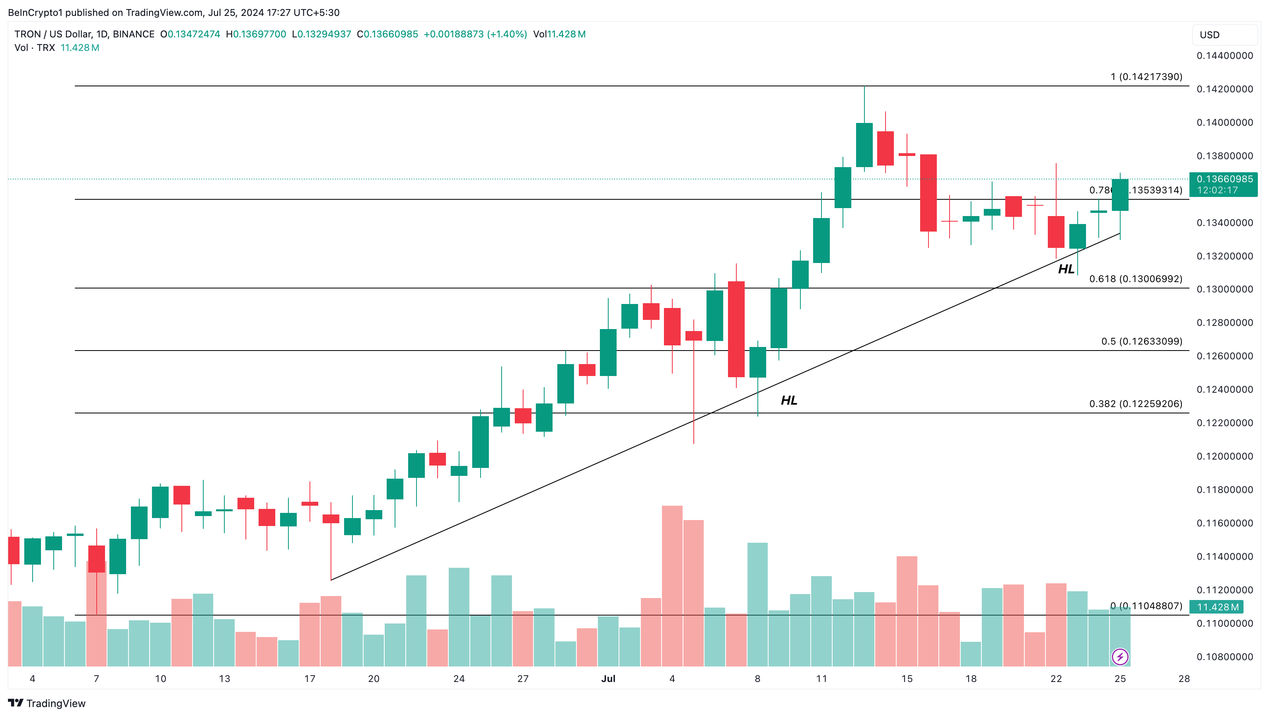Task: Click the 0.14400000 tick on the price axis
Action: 1225,56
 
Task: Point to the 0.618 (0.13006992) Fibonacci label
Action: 1135,279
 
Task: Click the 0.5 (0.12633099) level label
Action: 1141,341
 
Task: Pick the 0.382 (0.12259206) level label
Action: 1135,404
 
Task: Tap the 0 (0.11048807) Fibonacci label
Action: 1146,606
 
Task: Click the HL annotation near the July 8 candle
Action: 789,400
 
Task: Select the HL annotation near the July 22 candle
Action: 1066,269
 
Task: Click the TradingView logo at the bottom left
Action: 47,703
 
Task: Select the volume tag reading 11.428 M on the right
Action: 1217,607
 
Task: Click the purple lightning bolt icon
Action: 1120,657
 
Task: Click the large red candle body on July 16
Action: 928,193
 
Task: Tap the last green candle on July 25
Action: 1120,195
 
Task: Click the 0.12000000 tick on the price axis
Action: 1225,456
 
